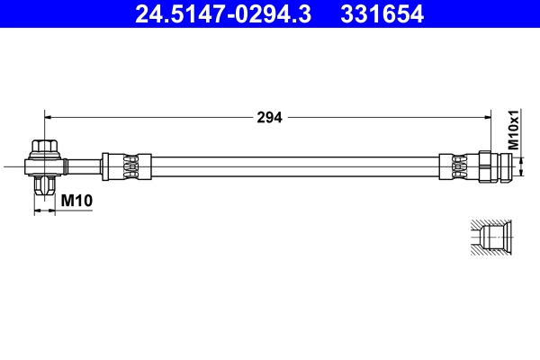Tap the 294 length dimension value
click(270, 117)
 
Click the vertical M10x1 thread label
click(513, 130)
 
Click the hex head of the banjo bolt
click(43, 146)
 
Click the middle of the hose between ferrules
click(288, 166)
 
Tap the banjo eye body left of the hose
click(44, 165)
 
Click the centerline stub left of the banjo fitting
click(14, 165)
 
